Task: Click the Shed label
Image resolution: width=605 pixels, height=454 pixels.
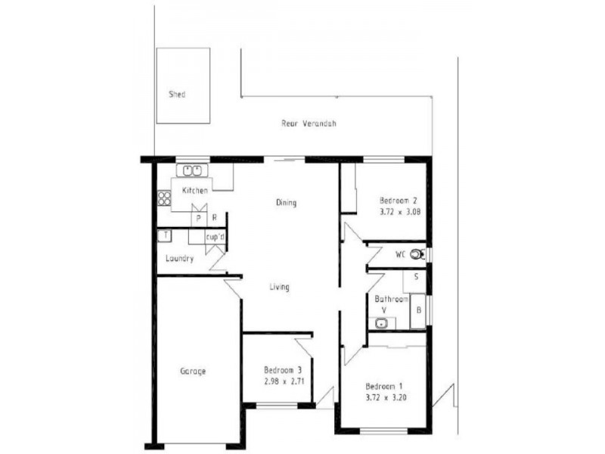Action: pos(177,95)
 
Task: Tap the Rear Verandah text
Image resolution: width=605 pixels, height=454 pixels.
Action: pos(309,123)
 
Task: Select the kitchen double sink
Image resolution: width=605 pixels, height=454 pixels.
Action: pos(192,169)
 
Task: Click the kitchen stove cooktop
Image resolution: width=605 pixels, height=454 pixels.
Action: pos(164,199)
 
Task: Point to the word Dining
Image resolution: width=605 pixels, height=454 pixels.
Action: pos(286,203)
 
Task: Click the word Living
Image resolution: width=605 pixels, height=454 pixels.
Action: pos(279,287)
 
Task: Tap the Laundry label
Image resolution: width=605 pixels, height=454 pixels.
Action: pos(180,259)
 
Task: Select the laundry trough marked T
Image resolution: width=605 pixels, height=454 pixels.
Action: pos(163,235)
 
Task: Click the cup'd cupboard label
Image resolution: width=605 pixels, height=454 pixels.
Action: pos(216,238)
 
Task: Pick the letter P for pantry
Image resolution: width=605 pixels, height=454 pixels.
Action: pos(199,219)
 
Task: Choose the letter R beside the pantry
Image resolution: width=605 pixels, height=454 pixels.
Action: pos(215,219)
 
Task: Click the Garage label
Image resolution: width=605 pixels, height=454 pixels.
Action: pos(193,372)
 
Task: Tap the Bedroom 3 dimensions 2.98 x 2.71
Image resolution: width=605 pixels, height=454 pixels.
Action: pos(284,381)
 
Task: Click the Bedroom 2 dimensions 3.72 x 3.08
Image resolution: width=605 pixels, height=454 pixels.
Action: pos(399,212)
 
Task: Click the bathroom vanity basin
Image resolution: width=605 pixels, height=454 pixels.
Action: pos(383,324)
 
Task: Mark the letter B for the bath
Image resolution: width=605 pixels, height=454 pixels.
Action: pos(419,310)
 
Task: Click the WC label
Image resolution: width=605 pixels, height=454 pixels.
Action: pos(400,255)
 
